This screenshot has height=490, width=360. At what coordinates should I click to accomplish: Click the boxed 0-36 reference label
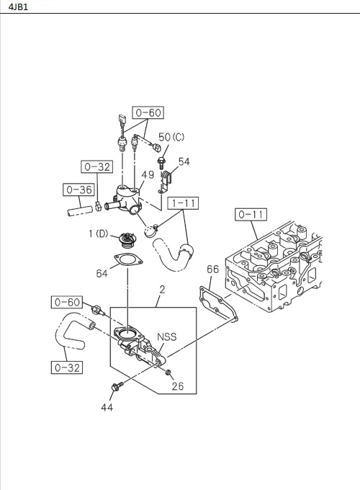[x=77, y=190]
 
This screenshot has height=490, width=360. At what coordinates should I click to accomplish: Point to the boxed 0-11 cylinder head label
[x=251, y=214]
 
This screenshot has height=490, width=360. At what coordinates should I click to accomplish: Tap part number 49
[x=148, y=174]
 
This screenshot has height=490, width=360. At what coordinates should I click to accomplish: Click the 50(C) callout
[x=171, y=137]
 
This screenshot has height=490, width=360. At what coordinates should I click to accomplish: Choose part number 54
[x=184, y=162]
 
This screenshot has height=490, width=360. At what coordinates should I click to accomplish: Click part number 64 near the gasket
[x=102, y=273]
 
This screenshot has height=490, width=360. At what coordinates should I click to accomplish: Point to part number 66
[x=212, y=269]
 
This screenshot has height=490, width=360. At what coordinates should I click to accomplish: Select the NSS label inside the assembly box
[x=167, y=336]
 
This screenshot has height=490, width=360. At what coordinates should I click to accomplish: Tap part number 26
[x=177, y=386]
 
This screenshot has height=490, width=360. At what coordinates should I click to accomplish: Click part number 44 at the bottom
[x=107, y=407]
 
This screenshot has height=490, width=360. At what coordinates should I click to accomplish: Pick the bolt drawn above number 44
[x=115, y=389]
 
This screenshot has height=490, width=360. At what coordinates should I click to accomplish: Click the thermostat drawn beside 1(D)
[x=128, y=239]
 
